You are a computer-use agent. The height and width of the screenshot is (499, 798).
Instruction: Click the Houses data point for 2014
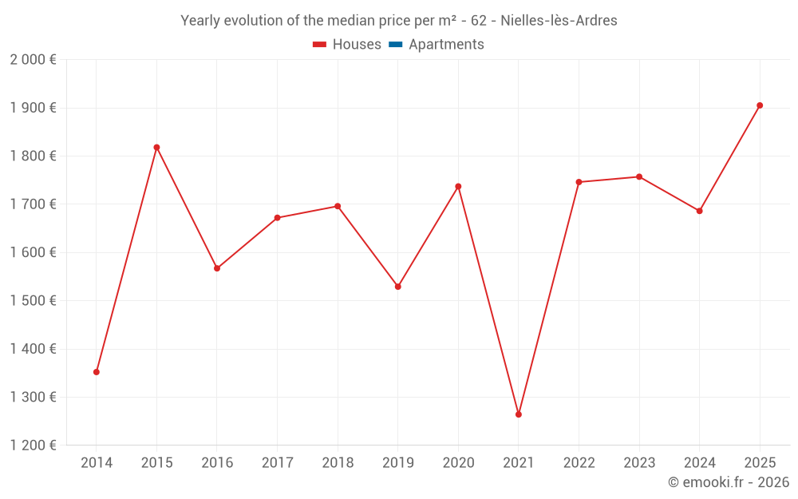pyautogui.click(x=97, y=372)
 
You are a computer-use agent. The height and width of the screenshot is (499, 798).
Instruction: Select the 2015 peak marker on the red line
pyautogui.click(x=156, y=147)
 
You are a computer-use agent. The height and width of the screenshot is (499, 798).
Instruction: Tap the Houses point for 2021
pyautogui.click(x=519, y=414)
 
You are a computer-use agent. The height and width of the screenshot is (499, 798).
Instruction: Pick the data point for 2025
pyautogui.click(x=760, y=105)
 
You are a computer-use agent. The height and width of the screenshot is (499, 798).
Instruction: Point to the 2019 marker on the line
pyautogui.click(x=398, y=287)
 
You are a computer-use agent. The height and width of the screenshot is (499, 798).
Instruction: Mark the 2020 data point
pyautogui.click(x=458, y=187)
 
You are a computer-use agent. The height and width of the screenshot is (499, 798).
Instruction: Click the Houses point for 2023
pyautogui.click(x=639, y=176)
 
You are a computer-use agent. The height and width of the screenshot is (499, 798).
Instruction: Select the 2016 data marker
pyautogui.click(x=217, y=268)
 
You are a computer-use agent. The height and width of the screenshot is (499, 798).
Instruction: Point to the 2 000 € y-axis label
pyautogui.click(x=33, y=60)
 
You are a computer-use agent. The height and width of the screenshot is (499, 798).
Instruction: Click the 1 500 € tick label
pyautogui.click(x=33, y=301)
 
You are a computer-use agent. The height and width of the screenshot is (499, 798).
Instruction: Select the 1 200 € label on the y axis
pyautogui.click(x=33, y=446)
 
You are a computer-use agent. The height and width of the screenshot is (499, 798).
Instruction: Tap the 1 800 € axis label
pyautogui.click(x=33, y=156)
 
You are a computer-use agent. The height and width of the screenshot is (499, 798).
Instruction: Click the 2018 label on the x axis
pyautogui.click(x=338, y=463)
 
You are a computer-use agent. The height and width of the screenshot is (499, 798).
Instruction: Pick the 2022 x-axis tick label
pyautogui.click(x=579, y=463)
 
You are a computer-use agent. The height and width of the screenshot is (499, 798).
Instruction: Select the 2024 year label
pyautogui.click(x=699, y=463)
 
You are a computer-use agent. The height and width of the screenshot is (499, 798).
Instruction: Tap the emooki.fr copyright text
pyautogui.click(x=729, y=482)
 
